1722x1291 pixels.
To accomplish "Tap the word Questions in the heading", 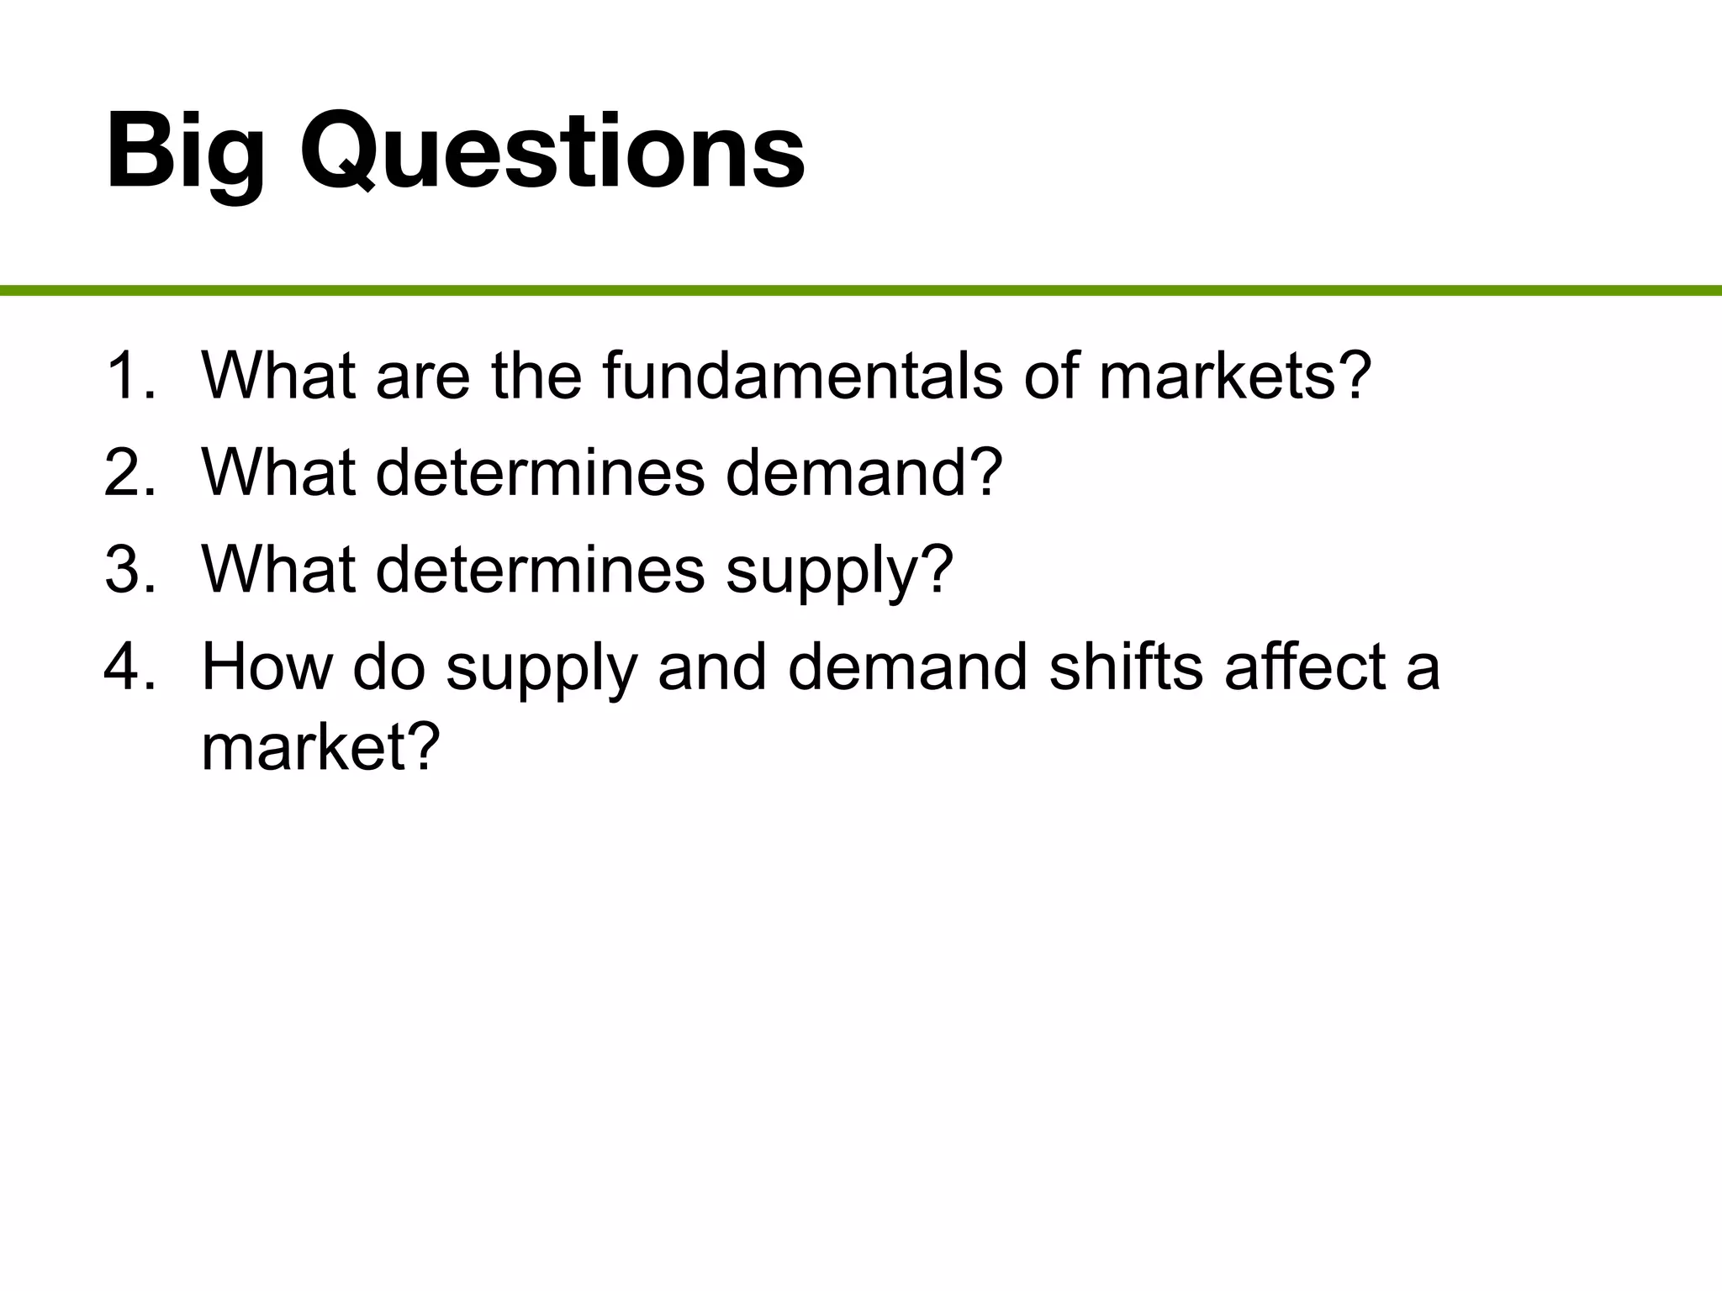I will coord(552,153).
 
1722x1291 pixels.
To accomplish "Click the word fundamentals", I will coord(802,376).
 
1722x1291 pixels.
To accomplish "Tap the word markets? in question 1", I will coord(1235,376).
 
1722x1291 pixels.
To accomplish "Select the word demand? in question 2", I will coord(864,472).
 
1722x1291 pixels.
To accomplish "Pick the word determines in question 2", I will coord(540,472).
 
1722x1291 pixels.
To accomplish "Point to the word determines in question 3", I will coord(540,570).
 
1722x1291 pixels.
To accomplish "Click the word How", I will coord(267,667).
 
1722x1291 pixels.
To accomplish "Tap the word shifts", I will coord(1126,667).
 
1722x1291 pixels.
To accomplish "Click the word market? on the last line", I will coord(320,746).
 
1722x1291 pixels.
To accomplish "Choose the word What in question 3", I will coord(278,570).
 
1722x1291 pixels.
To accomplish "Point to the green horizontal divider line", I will coord(861,291).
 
